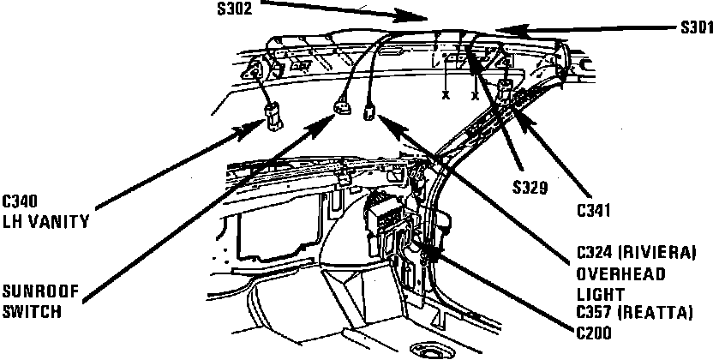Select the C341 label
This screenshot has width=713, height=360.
594,209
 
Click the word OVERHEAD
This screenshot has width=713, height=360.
616,274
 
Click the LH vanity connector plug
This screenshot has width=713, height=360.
273,115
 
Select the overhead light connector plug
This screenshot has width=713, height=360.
371,111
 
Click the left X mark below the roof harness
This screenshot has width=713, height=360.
446,95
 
